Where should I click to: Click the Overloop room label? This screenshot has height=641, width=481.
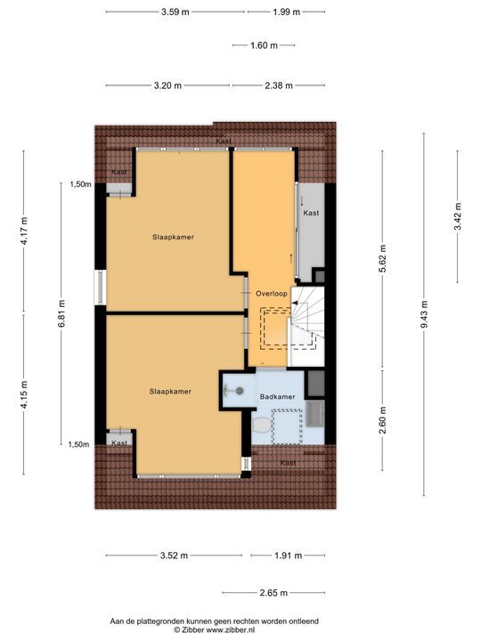tap(270, 293)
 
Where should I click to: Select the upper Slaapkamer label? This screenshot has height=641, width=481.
tap(173, 237)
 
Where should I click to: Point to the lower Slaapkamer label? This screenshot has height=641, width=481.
tap(169, 391)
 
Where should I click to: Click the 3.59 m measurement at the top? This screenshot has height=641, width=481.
tap(175, 12)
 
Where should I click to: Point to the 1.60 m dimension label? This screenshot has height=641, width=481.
tap(264, 45)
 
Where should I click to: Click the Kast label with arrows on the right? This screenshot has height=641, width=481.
tap(311, 214)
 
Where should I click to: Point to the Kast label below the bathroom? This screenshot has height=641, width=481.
tap(288, 463)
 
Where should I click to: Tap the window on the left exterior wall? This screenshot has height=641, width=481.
tap(101, 290)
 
